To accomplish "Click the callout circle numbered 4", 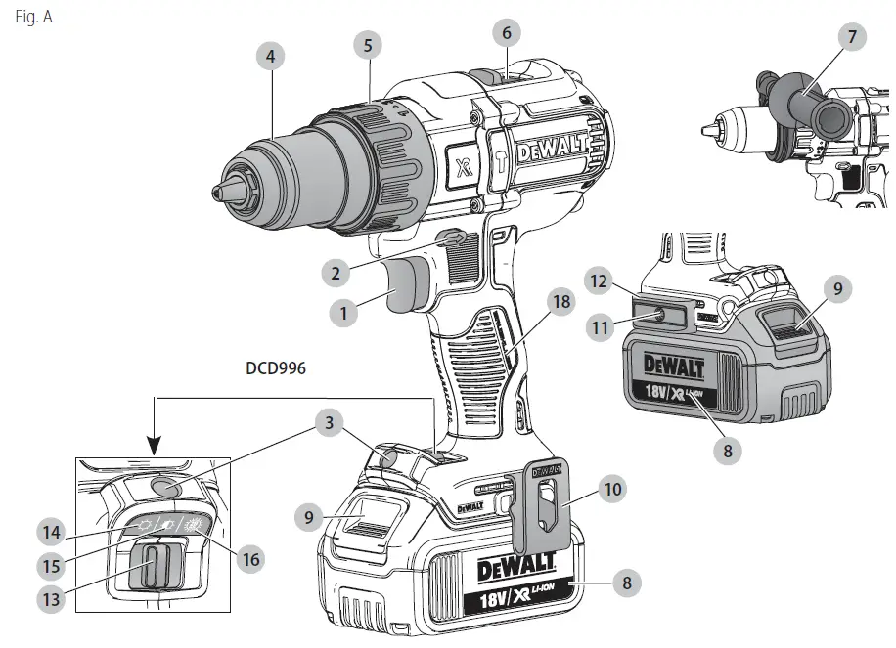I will tap(270, 57).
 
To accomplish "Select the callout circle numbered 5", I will tap(367, 44).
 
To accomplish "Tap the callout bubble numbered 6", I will tap(506, 32).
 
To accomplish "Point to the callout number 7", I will tap(852, 38).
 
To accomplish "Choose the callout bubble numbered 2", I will tap(335, 274).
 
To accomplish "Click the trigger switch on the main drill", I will tap(403, 290).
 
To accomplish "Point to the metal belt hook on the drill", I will tap(541, 513).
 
